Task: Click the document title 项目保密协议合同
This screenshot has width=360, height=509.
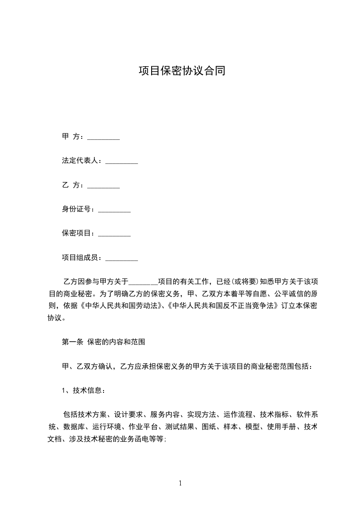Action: click(x=182, y=71)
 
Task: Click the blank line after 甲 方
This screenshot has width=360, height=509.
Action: click(x=103, y=137)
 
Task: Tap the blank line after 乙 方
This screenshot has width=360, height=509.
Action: click(x=103, y=185)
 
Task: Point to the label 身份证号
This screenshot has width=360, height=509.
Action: click(x=78, y=209)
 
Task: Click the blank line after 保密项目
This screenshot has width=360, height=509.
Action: click(x=114, y=234)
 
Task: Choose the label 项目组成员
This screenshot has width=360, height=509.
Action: click(x=82, y=258)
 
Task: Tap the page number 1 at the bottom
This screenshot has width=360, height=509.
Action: click(x=180, y=484)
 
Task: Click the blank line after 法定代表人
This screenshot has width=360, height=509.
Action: click(x=121, y=161)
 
